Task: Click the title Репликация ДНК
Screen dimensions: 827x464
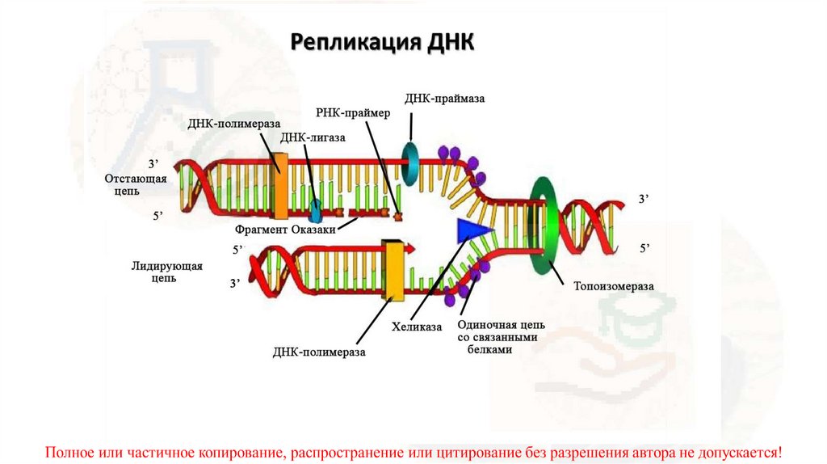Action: click(x=382, y=41)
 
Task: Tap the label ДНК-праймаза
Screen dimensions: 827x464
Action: click(x=447, y=98)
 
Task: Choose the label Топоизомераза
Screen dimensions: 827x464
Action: click(x=613, y=286)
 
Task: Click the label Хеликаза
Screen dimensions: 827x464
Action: click(x=418, y=327)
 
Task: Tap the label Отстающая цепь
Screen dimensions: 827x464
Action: click(x=135, y=185)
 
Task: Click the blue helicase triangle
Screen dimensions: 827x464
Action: click(x=472, y=230)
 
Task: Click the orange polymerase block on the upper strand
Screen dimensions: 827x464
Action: click(x=280, y=186)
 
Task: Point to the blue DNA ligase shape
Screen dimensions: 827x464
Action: click(x=314, y=209)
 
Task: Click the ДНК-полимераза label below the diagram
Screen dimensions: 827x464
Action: click(x=319, y=352)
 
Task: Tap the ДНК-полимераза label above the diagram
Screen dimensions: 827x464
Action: click(x=233, y=124)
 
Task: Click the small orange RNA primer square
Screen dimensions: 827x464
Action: click(x=397, y=216)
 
